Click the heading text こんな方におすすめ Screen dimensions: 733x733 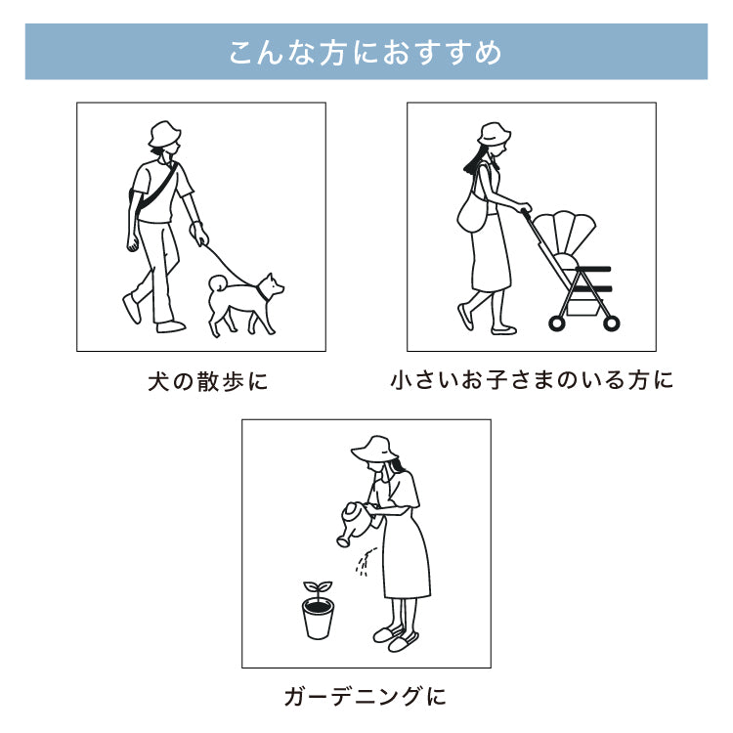tap(366, 52)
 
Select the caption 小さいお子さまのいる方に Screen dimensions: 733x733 tap(532, 380)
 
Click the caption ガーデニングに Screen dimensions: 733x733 tap(366, 697)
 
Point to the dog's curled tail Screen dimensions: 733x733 tap(217, 283)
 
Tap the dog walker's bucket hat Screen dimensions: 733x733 tap(163, 135)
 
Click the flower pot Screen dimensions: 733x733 tap(318, 619)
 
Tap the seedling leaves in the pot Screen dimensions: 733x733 tap(317, 588)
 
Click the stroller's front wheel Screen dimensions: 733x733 tap(612, 322)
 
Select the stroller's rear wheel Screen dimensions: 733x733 tap(557, 322)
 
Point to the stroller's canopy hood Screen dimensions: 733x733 tap(562, 235)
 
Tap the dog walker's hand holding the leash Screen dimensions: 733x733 tap(199, 237)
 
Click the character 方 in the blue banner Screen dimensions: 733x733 tap(332, 52)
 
